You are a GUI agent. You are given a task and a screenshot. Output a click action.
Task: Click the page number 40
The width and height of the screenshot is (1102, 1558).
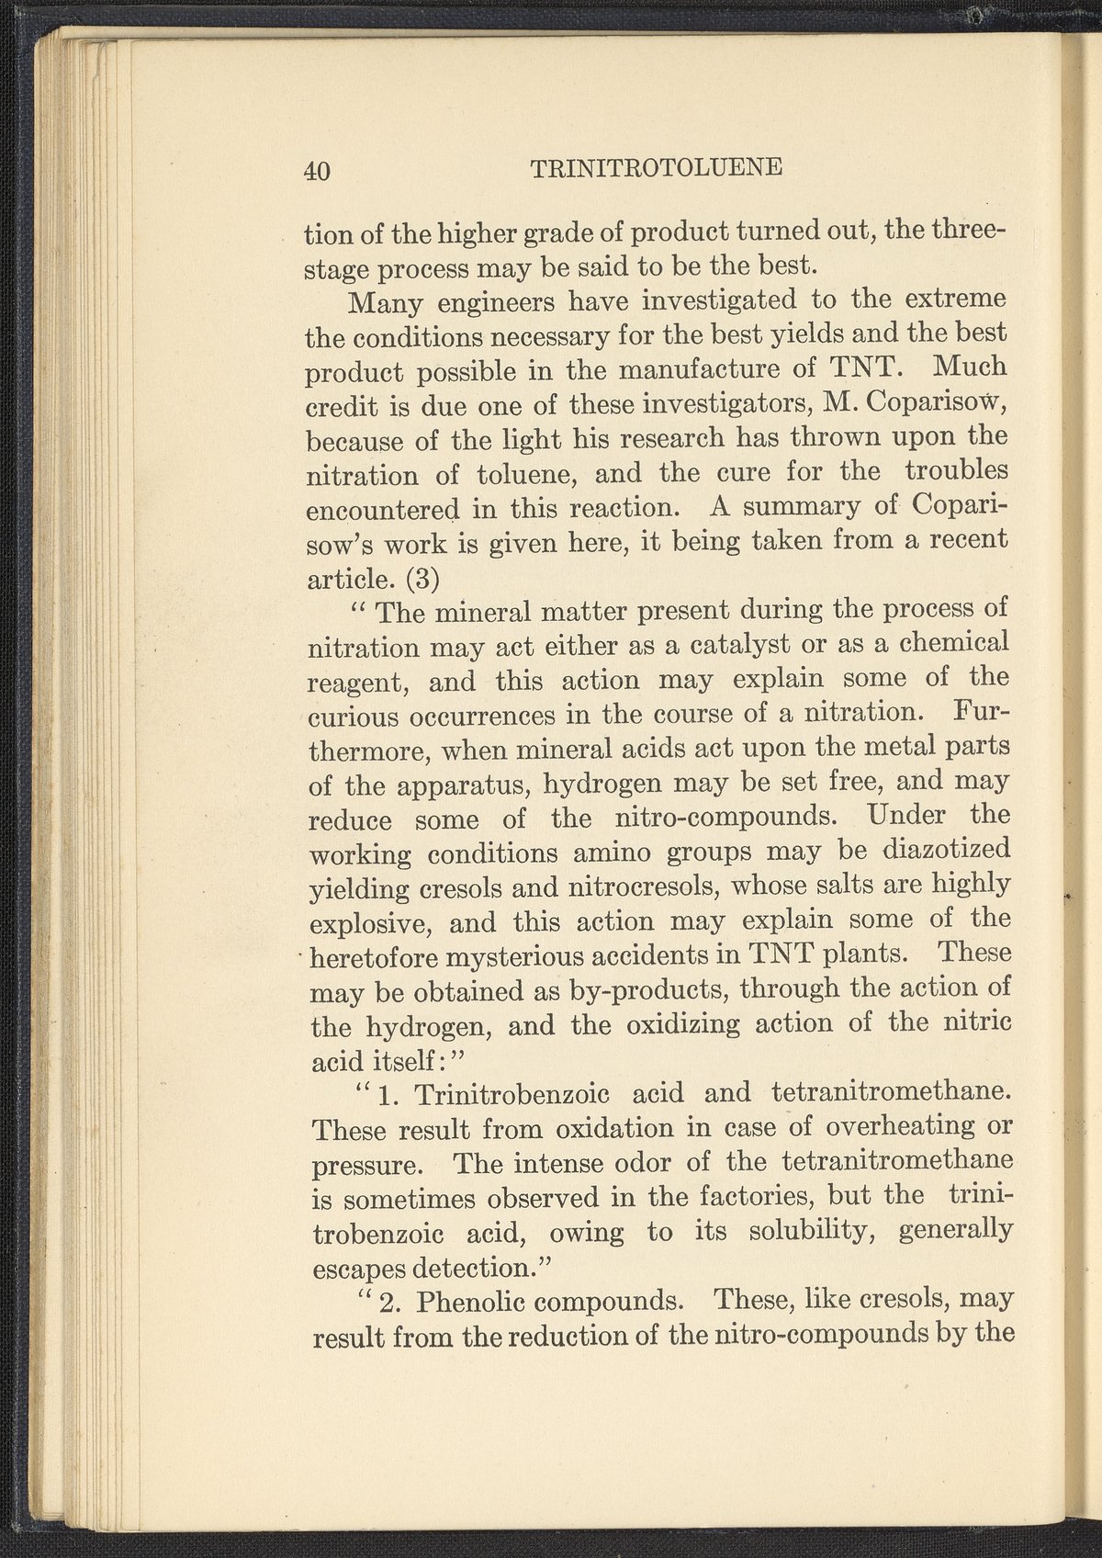tap(316, 171)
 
